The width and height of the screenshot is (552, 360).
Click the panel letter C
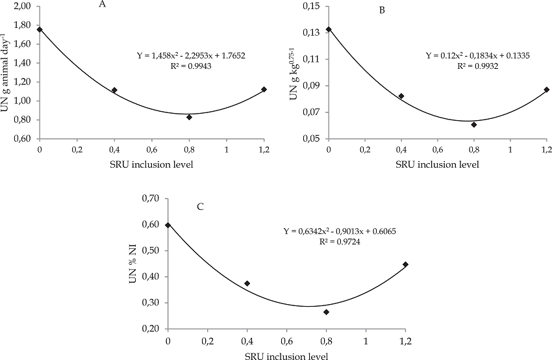[x=201, y=207]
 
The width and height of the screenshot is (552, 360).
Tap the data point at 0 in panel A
[x=40, y=29]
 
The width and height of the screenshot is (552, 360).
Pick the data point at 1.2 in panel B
[x=547, y=90]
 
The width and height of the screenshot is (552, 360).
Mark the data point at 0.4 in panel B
[x=401, y=96]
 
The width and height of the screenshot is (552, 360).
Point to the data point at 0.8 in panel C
[x=326, y=312]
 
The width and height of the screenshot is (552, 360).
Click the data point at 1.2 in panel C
[x=405, y=264]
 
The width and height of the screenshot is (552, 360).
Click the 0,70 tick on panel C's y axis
[x=151, y=198]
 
